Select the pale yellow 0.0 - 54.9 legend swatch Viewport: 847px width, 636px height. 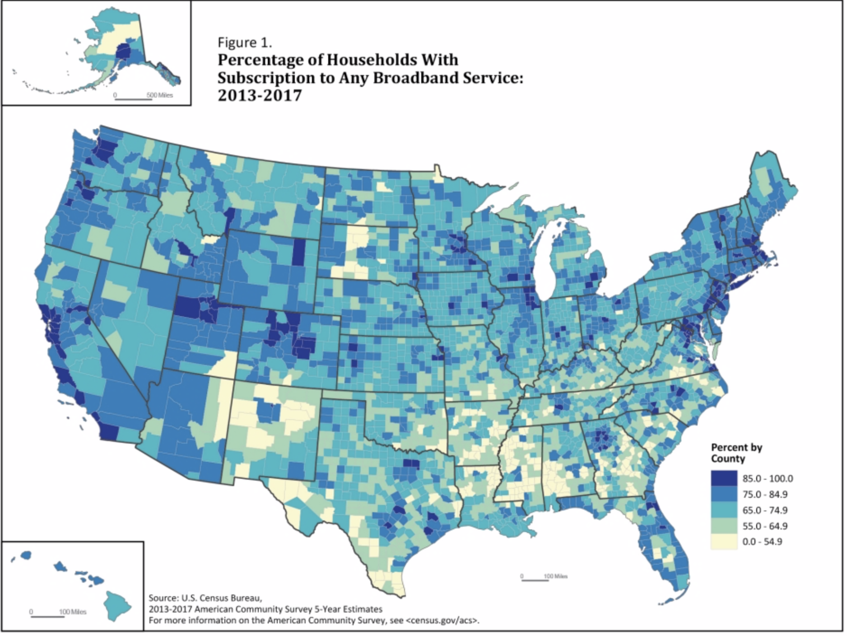(x=724, y=542)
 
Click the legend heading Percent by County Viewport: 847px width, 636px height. (x=736, y=453)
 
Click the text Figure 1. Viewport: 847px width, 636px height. (x=245, y=42)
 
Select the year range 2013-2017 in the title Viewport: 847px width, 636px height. (x=259, y=96)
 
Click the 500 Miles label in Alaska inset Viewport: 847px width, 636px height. (x=159, y=95)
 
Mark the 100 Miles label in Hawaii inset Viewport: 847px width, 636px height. (x=73, y=612)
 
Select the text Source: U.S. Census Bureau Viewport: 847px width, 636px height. (x=205, y=599)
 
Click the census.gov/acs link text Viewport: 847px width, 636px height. (x=442, y=621)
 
